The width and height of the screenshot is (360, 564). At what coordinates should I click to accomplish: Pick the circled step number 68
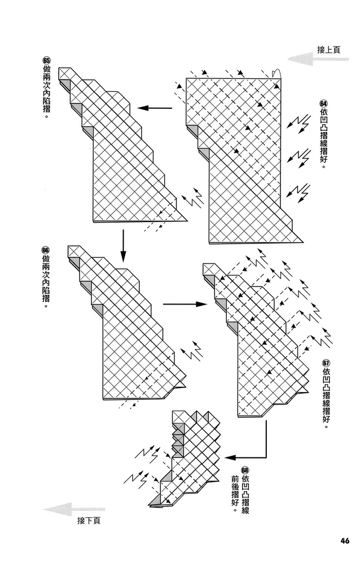pos(244,470)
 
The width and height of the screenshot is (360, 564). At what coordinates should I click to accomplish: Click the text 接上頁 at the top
pos(329,50)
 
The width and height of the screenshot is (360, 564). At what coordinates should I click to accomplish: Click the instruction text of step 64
pos(323,139)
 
